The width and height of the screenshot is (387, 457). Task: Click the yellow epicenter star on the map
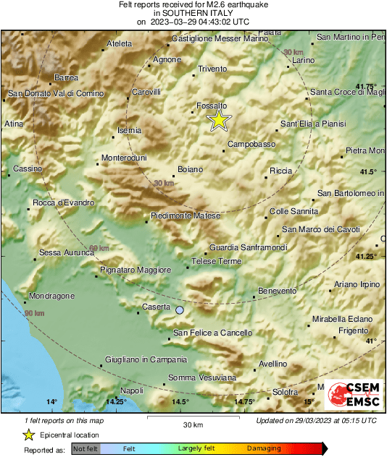pos(218,120)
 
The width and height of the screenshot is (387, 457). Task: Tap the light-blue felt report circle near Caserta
pos(180,309)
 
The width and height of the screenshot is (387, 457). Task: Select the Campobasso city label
pos(251,145)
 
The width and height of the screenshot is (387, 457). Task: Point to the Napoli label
pos(132,390)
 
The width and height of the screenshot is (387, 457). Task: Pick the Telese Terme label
pos(216,261)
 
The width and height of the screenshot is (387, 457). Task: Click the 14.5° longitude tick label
pos(180,402)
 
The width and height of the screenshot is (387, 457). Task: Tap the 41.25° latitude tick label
pos(367,257)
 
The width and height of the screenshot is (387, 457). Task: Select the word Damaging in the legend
pos(263,448)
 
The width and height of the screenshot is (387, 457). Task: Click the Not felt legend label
pos(86,448)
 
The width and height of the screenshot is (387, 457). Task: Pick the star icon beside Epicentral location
pos(28,435)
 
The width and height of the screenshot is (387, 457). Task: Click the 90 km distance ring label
pos(33,313)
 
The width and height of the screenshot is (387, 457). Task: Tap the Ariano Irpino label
pos(357,284)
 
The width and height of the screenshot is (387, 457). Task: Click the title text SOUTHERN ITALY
pos(193,13)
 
